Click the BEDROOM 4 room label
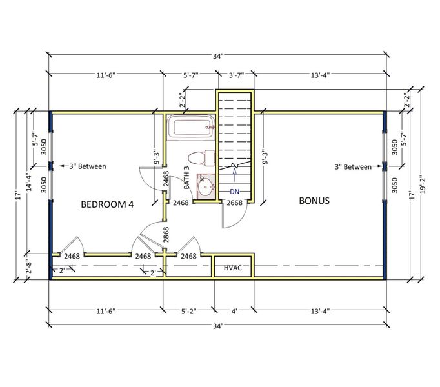[107, 204]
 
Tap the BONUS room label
[314, 201]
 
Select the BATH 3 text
[186, 177]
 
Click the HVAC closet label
[233, 267]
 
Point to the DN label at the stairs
[235, 192]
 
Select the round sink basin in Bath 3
[206, 188]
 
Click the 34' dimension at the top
[219, 56]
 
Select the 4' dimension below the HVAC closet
[234, 312]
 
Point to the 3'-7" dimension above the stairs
[237, 75]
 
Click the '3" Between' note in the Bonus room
[353, 166]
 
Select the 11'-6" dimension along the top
[106, 75]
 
